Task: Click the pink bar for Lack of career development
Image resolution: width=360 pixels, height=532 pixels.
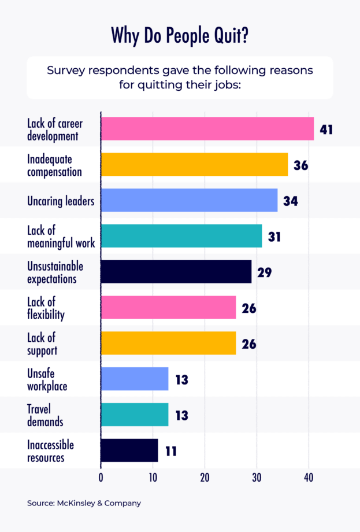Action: pyautogui.click(x=207, y=128)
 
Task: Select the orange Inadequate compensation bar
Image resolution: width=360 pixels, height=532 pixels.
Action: pyautogui.click(x=194, y=164)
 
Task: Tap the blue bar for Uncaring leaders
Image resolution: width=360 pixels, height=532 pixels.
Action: pyautogui.click(x=189, y=200)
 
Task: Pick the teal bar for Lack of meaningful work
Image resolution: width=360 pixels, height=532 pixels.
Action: pyautogui.click(x=181, y=236)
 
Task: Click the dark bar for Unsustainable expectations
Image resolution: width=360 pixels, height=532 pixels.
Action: pyautogui.click(x=176, y=272)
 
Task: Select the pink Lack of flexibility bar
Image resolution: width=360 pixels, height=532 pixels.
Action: pyautogui.click(x=168, y=308)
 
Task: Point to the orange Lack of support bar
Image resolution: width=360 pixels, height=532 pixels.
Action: pyautogui.click(x=168, y=343)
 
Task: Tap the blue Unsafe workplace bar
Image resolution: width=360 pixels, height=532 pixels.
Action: pyautogui.click(x=134, y=379)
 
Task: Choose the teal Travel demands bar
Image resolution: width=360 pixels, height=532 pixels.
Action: pyautogui.click(x=134, y=415)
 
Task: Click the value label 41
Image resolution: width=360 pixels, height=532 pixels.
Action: pyautogui.click(x=326, y=129)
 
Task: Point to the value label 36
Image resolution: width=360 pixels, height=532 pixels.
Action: pyautogui.click(x=300, y=165)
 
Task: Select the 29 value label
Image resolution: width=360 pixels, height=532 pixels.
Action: pyautogui.click(x=265, y=272)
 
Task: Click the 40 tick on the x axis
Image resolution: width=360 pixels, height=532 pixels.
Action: pyautogui.click(x=309, y=478)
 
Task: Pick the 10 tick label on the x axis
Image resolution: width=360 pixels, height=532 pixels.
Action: pyautogui.click(x=153, y=478)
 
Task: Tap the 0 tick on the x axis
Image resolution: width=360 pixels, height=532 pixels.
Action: pyautogui.click(x=101, y=478)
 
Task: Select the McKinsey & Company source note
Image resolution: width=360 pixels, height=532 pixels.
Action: pyautogui.click(x=84, y=503)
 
